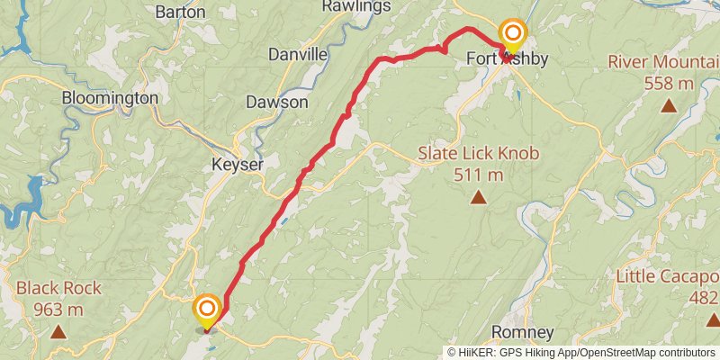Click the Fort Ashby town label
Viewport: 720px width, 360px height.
click(x=507, y=58)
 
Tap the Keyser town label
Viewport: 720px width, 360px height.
click(x=238, y=165)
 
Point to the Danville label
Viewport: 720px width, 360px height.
click(x=298, y=54)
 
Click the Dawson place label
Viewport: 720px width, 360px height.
click(x=276, y=102)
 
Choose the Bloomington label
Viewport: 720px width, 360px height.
click(x=110, y=97)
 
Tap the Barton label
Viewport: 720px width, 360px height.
click(x=180, y=12)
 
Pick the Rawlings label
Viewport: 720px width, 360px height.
click(x=358, y=6)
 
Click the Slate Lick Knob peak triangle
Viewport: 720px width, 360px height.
click(x=478, y=197)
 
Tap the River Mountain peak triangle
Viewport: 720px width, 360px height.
click(x=669, y=106)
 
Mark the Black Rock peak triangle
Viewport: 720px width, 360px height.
click(x=58, y=332)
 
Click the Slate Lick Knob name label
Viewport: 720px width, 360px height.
click(x=478, y=153)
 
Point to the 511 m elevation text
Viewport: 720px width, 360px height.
click(x=478, y=175)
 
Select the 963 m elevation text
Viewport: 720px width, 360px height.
click(x=58, y=310)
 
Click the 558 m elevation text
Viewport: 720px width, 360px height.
click(x=669, y=84)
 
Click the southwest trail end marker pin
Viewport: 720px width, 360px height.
click(x=207, y=311)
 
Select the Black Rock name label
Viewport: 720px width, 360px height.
click(x=58, y=289)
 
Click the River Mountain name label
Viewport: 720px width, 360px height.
click(x=664, y=61)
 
